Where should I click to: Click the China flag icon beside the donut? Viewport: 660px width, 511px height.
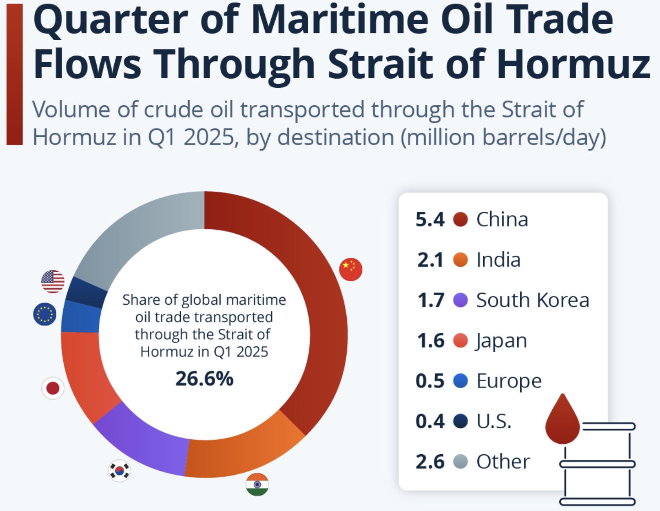click(351, 269)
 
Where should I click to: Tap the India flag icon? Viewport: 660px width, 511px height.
click(257, 485)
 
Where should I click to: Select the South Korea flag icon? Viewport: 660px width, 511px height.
click(120, 470)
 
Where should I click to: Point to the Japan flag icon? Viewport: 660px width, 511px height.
click(53, 388)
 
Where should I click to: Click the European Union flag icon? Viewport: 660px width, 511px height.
click(45, 314)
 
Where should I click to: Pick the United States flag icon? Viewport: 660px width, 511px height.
click(53, 281)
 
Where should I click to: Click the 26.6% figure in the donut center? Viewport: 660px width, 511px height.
click(204, 379)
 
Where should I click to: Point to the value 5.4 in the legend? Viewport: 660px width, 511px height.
click(430, 220)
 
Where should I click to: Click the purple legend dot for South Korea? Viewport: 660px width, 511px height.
click(460, 300)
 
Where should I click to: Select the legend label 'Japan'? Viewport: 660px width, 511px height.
click(502, 341)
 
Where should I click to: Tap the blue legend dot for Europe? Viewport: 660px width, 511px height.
click(460, 381)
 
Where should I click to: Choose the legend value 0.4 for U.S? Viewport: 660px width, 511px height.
click(430, 421)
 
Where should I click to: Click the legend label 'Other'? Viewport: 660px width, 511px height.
click(503, 462)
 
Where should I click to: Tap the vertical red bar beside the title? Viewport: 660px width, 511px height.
click(15, 74)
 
